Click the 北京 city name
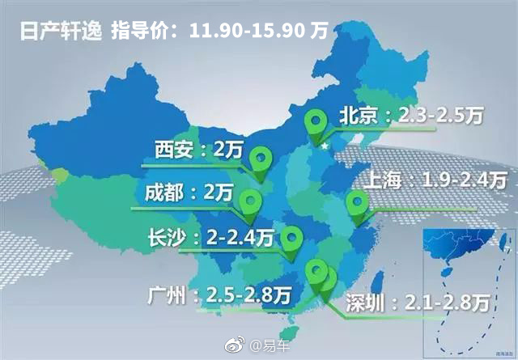355,116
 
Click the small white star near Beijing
325,147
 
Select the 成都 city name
163,193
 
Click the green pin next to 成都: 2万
252,201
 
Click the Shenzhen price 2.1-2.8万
450,303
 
